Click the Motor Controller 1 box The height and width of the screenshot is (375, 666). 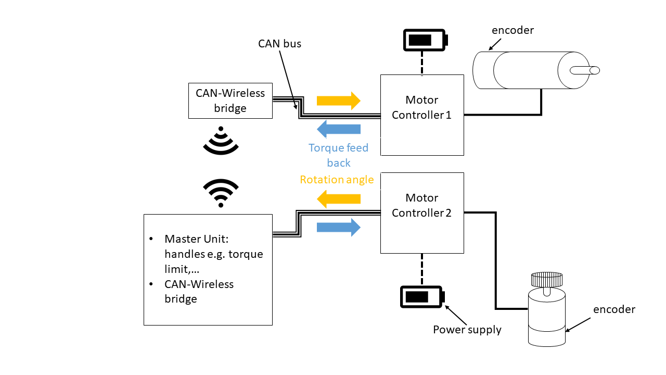(422, 115)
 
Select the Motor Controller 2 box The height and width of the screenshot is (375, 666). (422, 213)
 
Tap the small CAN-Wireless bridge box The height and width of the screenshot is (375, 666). (230, 101)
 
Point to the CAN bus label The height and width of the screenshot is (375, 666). (279, 44)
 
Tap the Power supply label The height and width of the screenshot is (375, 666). (467, 330)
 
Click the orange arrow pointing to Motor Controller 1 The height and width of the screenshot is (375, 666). (339, 101)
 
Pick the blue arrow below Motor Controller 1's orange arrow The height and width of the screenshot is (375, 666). (339, 129)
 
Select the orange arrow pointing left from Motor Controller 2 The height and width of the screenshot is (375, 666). (339, 198)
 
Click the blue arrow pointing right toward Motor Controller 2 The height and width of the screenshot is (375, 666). (339, 227)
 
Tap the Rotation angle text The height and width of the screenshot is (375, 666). (337, 180)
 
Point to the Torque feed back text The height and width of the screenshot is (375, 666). (338, 155)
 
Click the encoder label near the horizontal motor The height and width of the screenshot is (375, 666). (513, 30)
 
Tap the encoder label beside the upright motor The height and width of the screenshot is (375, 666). (614, 309)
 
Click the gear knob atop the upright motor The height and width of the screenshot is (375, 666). (546, 280)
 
